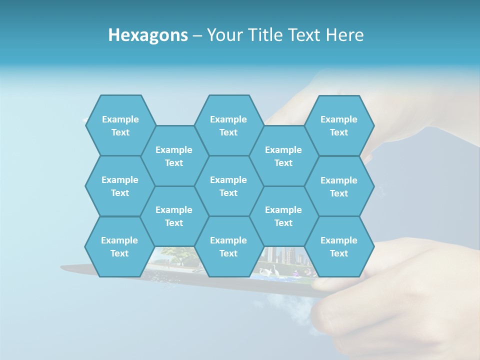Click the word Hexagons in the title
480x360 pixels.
pos(148,35)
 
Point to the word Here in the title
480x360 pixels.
pos(344,35)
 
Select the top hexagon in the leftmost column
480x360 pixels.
pos(120,125)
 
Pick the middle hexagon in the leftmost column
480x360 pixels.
pos(120,186)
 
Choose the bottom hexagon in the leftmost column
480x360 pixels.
pos(119,246)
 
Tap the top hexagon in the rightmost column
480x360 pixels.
pos(339,125)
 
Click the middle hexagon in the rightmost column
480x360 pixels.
pos(339,186)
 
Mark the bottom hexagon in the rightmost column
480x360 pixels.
pos(339,246)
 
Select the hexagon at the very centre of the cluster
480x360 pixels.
pos(228,186)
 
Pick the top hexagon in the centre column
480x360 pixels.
pos(228,125)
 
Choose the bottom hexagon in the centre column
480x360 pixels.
pos(228,246)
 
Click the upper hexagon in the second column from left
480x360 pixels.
pos(174,156)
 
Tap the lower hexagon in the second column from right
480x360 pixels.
pos(283,216)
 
